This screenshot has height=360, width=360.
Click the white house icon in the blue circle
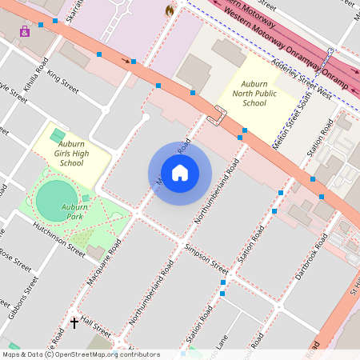coord(180,172)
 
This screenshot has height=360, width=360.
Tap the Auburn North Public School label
coord(254,93)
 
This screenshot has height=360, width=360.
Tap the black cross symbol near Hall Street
coord(74,322)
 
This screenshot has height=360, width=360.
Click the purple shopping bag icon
coord(25,30)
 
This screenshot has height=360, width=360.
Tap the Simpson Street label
coord(206,260)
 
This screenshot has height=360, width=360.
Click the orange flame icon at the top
coord(170,10)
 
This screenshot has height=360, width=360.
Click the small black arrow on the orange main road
coord(125,60)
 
